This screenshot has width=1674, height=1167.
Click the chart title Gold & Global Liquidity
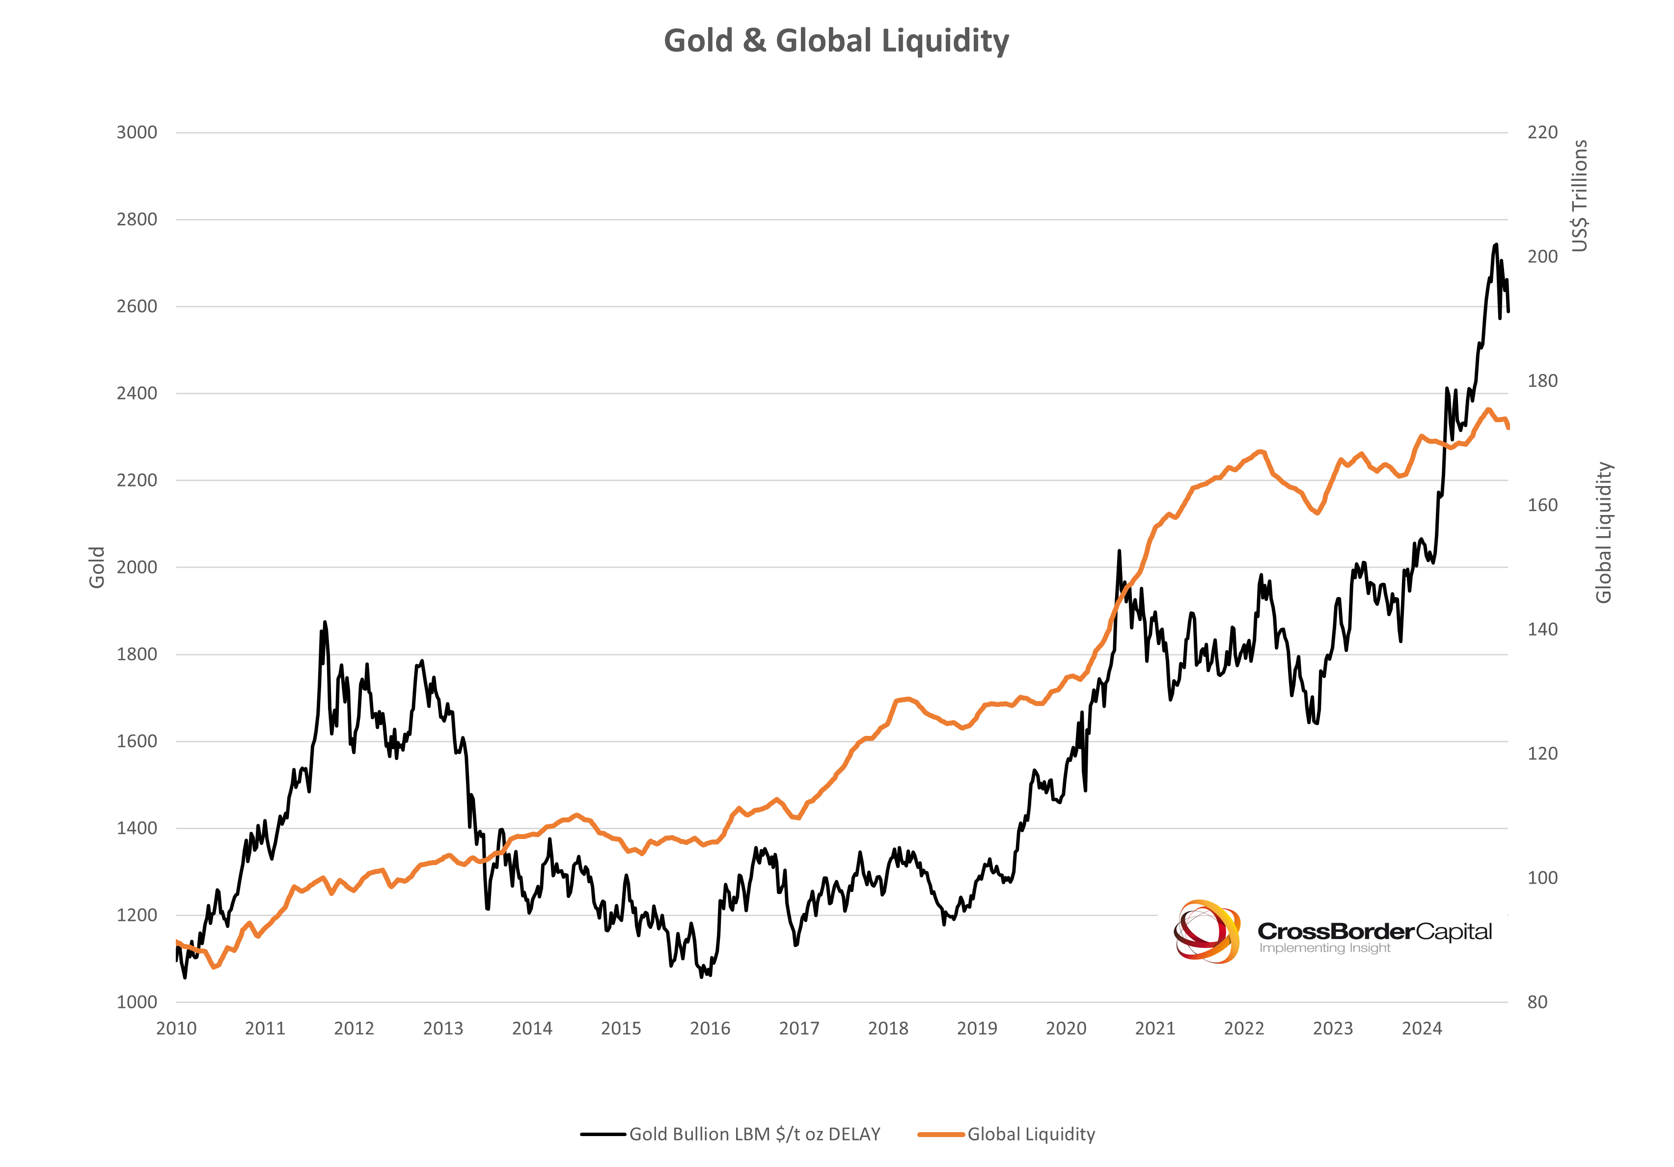[x=836, y=41]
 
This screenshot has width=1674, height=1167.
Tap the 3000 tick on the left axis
[x=137, y=133]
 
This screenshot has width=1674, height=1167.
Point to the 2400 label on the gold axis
[x=137, y=394]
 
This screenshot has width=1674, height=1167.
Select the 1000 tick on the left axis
[x=137, y=1002]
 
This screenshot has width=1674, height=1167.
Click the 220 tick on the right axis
[x=1542, y=133]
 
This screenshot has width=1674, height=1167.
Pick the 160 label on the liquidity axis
[x=1542, y=505]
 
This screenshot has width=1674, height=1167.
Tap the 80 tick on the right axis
[x=1537, y=1002]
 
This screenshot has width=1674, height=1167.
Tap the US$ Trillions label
[x=1579, y=196]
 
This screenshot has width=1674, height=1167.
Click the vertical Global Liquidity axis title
[x=1603, y=533]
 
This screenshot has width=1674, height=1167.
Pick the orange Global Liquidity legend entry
[x=1030, y=1134]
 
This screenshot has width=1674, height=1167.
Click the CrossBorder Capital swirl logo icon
[x=1207, y=931]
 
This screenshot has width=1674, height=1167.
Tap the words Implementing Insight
[x=1325, y=949]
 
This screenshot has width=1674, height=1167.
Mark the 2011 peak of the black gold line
[x=325, y=623]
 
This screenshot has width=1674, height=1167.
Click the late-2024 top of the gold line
[x=1496, y=245]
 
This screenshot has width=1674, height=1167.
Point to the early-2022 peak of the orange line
[x=1261, y=452]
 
